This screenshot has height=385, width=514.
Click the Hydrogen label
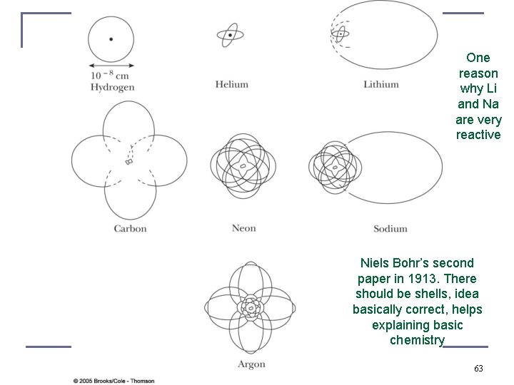point(112,87)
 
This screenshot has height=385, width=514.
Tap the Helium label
point(232,84)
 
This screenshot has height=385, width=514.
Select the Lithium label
point(381,84)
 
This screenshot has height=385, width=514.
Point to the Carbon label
point(130,228)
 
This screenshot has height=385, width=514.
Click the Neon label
point(243,228)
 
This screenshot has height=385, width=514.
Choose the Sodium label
point(390,228)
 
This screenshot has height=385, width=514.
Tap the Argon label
point(251,364)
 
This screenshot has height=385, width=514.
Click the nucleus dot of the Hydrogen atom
point(111,38)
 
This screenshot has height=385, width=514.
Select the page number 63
point(478,369)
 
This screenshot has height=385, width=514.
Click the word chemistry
point(417,340)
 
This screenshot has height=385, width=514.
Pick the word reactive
point(478,135)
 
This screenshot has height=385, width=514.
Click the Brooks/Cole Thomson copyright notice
point(114,380)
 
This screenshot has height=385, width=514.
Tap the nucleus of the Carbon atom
point(129,163)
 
